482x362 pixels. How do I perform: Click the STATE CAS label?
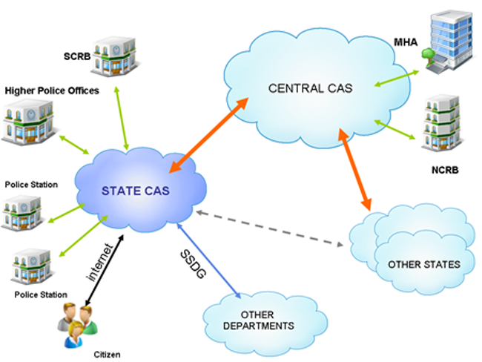136,191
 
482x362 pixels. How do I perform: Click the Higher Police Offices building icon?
26,122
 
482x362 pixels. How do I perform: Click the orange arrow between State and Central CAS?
212,136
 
